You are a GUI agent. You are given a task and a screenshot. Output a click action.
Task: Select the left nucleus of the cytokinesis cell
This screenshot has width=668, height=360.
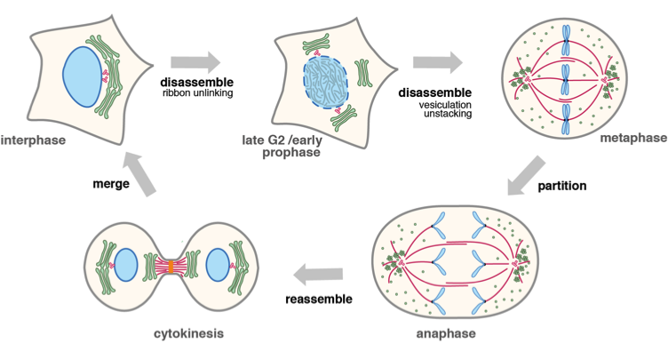pos(126,266)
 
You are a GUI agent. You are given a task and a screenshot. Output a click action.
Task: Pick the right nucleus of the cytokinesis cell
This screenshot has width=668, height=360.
pos(219,266)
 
